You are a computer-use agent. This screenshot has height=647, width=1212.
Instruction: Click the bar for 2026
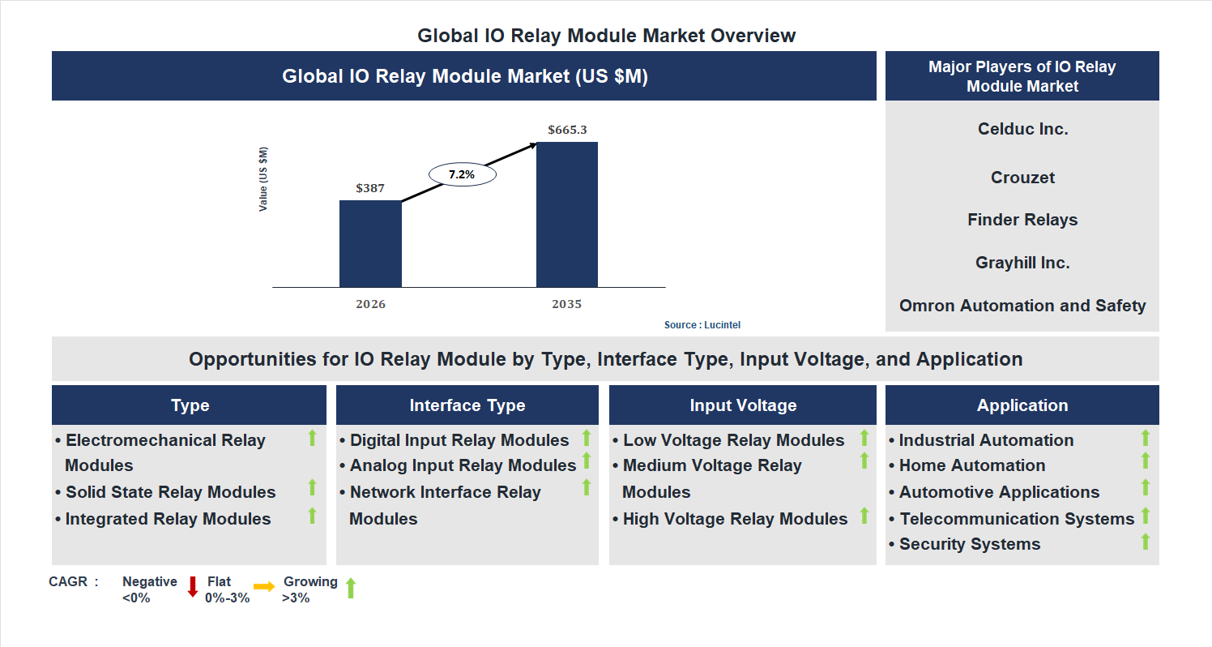click(x=370, y=243)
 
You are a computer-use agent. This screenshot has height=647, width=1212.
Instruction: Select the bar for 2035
click(x=566, y=214)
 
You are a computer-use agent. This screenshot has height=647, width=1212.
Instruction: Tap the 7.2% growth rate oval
click(x=462, y=174)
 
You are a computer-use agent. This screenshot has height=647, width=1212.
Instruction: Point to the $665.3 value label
click(x=567, y=130)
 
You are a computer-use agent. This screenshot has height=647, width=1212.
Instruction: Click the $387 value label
click(x=370, y=188)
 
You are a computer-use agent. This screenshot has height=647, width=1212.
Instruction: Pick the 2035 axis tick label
click(x=566, y=305)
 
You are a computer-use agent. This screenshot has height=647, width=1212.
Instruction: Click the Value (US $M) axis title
click(x=263, y=179)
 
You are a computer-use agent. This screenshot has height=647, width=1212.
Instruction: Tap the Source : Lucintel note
click(x=702, y=325)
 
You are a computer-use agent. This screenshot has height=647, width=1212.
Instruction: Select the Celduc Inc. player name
click(x=1022, y=129)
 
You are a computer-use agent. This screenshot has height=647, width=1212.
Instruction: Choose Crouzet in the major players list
click(x=1022, y=178)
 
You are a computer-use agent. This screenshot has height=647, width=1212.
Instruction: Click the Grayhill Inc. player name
click(x=1022, y=263)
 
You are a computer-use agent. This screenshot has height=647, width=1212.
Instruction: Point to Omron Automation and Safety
click(x=1022, y=306)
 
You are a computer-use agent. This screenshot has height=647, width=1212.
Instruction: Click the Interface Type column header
click(x=467, y=405)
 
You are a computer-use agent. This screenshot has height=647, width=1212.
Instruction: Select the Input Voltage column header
click(x=743, y=405)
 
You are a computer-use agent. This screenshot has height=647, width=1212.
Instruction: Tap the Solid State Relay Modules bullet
click(x=170, y=492)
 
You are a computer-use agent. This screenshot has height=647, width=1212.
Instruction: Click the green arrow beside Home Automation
click(x=1146, y=461)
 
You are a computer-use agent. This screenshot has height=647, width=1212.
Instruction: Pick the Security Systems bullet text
click(x=969, y=544)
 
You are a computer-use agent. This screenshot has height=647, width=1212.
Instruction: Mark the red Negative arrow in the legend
click(x=193, y=586)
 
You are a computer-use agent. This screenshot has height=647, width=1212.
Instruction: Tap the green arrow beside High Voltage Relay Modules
click(x=864, y=515)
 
